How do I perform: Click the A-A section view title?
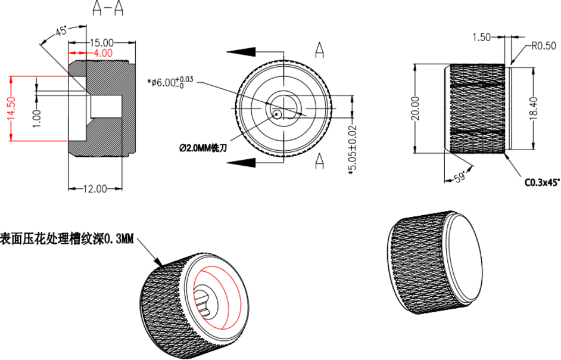[108, 8]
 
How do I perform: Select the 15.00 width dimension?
[101, 42]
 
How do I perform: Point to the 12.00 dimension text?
[95, 188]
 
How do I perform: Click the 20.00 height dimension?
[415, 108]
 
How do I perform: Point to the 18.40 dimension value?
[533, 108]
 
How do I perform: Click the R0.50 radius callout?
[543, 45]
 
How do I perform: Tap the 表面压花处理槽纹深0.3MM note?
[67, 239]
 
